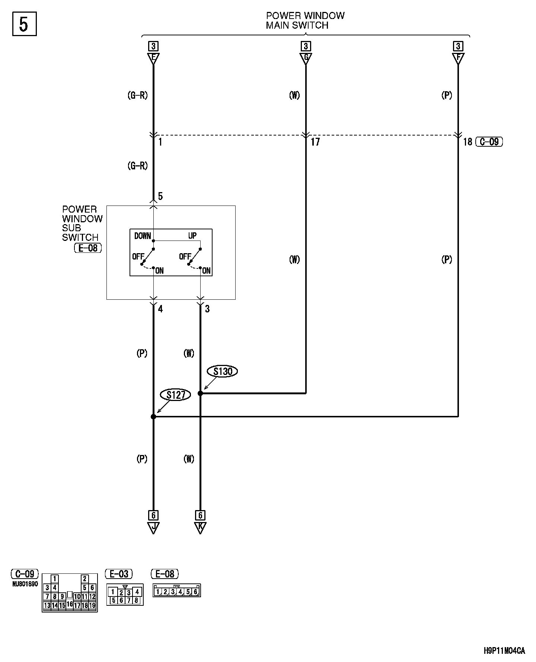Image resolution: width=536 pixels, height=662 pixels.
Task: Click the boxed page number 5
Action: pos(24,25)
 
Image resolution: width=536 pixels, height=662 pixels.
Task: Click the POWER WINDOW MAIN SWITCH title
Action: pos(305,20)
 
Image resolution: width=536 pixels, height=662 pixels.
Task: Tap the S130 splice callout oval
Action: pos(223,371)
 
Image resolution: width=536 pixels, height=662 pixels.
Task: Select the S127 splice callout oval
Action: pos(175,395)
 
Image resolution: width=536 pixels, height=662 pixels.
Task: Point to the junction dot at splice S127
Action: pos(153,417)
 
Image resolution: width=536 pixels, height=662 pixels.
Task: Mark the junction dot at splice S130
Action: pos(200,393)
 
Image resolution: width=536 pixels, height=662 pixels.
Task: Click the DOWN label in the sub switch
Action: pos(143,236)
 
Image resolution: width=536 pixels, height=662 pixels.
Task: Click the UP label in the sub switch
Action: pos(192,236)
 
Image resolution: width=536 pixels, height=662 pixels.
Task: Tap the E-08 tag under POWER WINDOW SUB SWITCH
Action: pos(88,248)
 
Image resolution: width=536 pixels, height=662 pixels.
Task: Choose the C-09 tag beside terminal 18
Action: pos(489,142)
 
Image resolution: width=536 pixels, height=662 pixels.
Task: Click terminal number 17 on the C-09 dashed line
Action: pos(315,142)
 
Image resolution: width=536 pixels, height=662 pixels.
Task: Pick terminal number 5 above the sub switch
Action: pos(160,196)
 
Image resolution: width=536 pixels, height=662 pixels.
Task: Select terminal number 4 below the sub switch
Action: pos(160,309)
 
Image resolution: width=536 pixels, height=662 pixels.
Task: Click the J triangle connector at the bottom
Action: pos(153,528)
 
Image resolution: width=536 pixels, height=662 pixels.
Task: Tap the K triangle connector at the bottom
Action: pos(200,528)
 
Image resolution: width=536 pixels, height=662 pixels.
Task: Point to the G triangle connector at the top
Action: pos(306,58)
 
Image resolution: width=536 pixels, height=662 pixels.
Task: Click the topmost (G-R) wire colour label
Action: pos(138,96)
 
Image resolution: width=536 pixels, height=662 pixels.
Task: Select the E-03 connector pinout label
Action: pos(119,574)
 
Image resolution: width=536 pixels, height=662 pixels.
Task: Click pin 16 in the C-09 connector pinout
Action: pos(70,604)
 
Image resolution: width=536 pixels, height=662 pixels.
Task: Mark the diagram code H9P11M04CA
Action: pos(504,651)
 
